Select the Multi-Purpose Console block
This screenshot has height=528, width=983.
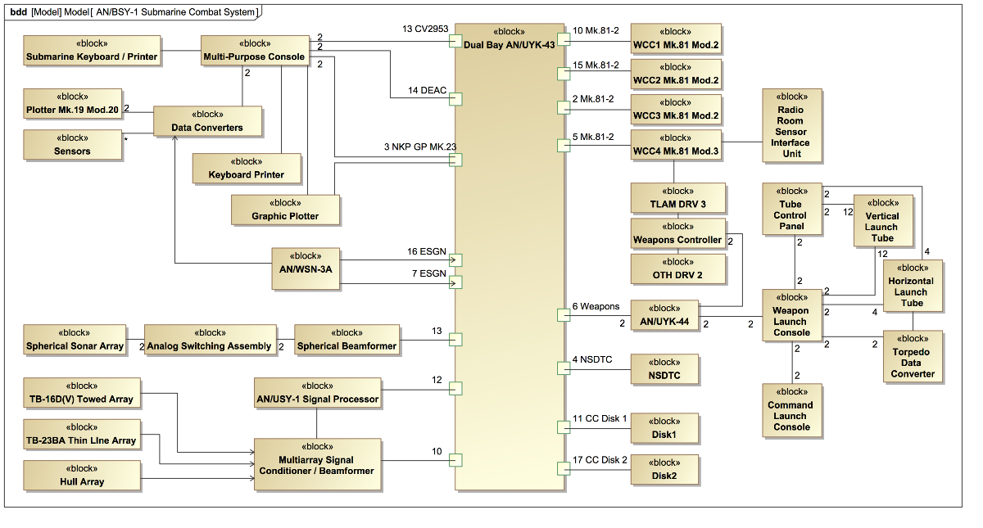point(255,51)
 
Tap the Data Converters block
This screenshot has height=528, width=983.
point(207,121)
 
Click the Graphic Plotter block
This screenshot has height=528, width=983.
point(286,210)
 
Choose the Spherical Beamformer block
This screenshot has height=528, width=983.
point(347,340)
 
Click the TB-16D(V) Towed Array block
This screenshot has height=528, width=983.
point(81,393)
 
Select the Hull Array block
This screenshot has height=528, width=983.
point(81,476)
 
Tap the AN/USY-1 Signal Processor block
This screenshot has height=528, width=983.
point(317,393)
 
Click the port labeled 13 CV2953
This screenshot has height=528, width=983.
point(456,41)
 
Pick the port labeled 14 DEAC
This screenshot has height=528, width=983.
point(456,99)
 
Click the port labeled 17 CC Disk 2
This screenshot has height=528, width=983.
point(564,468)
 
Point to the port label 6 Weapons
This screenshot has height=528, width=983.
point(596,306)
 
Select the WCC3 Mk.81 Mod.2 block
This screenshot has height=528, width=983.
point(676,110)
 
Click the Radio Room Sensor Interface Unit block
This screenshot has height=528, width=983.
point(791,125)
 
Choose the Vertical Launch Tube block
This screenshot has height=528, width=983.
point(882,220)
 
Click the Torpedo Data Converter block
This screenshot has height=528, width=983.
point(913,357)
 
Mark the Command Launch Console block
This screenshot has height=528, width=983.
point(791,409)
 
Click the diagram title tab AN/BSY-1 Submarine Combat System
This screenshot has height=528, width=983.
point(177,12)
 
